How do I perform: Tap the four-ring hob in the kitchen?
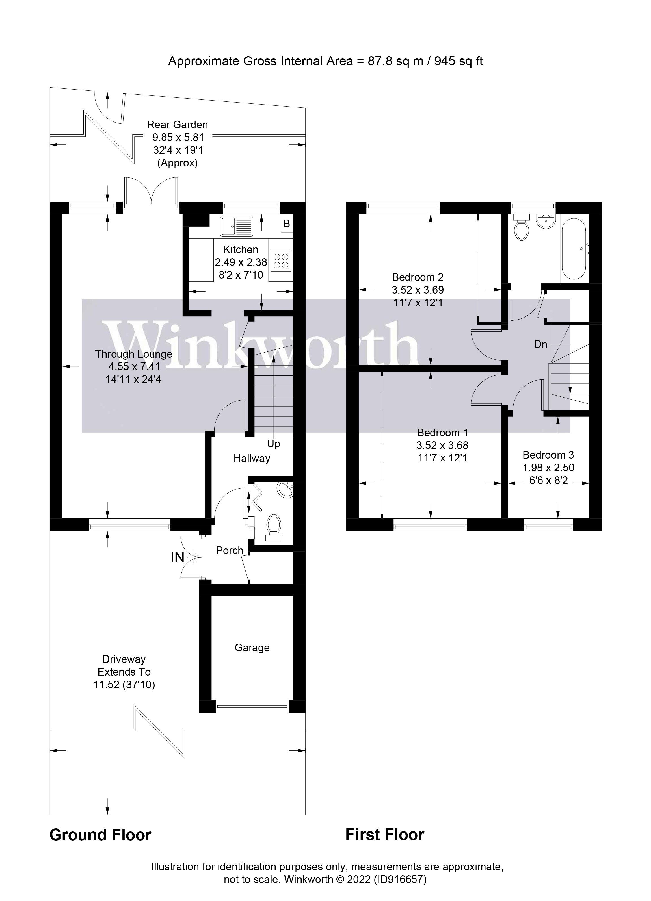(281, 261)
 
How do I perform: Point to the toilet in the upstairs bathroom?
(521, 228)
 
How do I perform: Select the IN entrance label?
(177, 558)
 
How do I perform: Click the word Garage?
(252, 648)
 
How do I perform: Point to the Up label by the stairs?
(273, 444)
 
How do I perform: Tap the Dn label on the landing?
(540, 344)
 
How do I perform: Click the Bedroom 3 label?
(548, 455)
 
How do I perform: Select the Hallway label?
(252, 459)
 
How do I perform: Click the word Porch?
(229, 551)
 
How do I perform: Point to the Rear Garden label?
(177, 125)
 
